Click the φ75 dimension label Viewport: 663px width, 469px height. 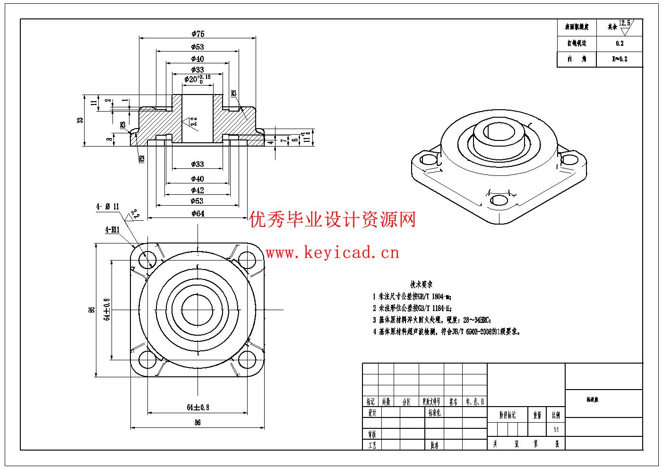[198, 34]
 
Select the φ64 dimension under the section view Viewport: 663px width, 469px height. [198, 213]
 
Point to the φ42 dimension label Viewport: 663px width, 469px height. [198, 190]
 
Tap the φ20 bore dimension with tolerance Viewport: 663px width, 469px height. [198, 79]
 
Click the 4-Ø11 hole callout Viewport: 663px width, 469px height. [108, 206]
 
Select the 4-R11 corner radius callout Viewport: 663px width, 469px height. [112, 229]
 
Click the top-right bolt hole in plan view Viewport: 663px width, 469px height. [247, 259]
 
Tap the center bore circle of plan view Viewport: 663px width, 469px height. [198, 310]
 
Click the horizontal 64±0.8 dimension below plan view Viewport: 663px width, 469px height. [198, 407]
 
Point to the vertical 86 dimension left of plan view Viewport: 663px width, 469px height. [92, 310]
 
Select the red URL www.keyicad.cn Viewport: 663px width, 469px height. [332, 253]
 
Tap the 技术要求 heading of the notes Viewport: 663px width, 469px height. [422, 285]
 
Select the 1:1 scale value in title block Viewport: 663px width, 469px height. [556, 430]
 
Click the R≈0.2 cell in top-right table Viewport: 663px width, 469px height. [620, 59]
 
